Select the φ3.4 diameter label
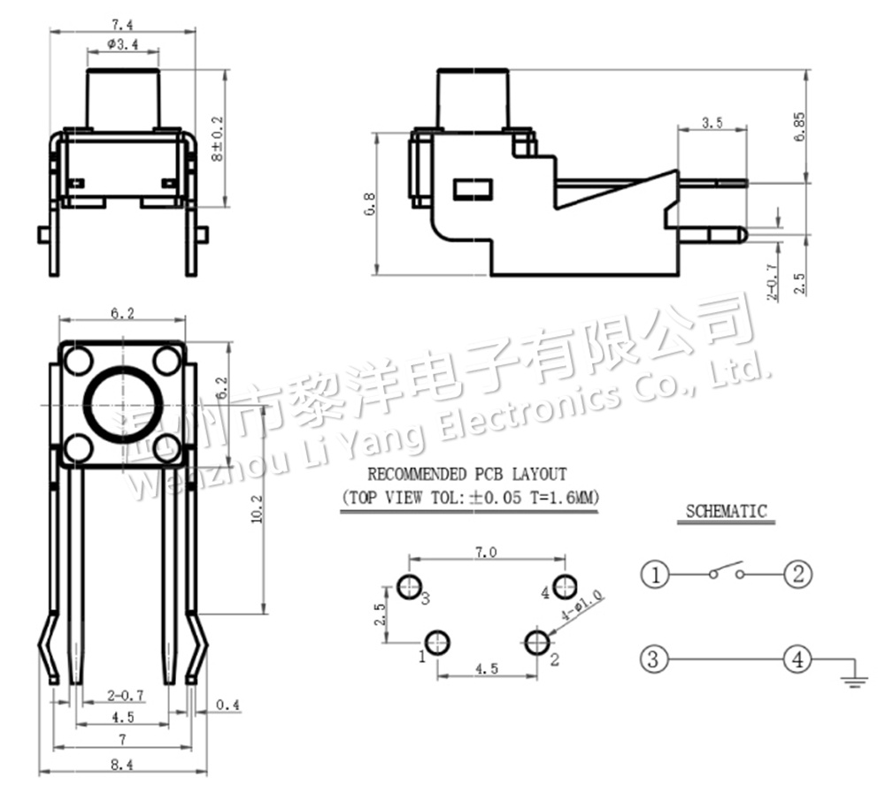121,44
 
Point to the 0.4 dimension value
228,705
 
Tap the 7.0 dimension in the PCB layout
486,552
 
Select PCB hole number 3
410,585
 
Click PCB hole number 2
535,643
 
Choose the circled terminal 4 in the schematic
797,660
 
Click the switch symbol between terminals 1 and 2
726,572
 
